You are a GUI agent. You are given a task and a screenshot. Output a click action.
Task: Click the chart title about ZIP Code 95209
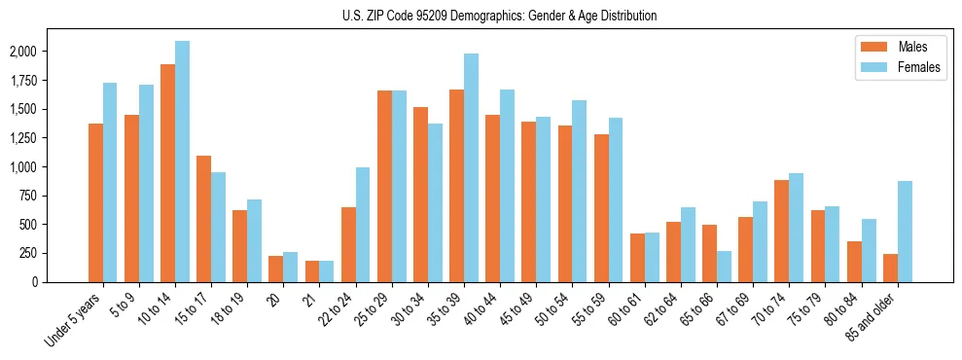500,16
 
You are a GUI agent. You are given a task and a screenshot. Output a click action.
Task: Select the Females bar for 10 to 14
182,162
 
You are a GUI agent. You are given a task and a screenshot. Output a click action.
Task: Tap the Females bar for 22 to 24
363,225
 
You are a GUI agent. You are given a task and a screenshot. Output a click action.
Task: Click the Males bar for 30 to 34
420,195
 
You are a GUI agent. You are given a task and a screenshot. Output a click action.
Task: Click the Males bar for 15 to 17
203,219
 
